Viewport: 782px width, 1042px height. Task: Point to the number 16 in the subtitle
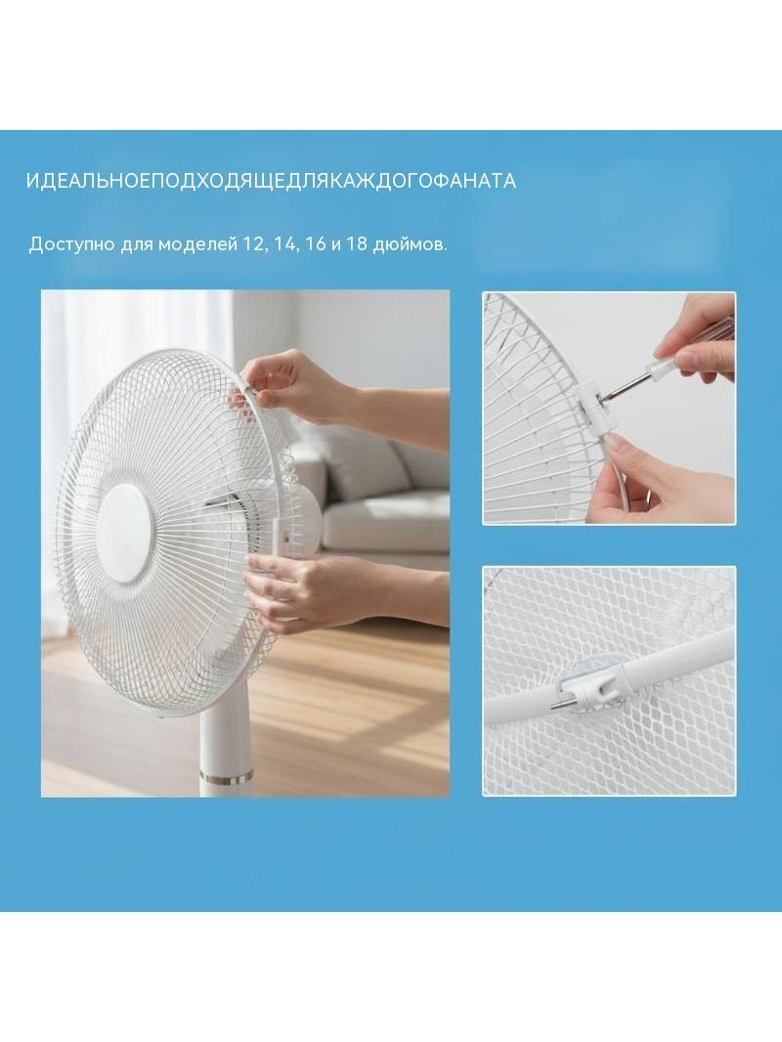point(317,244)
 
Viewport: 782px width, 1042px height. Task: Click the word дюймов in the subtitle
point(410,244)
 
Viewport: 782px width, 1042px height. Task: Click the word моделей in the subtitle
point(197,244)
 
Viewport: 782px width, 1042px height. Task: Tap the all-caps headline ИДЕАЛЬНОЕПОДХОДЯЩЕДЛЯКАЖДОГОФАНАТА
point(271,181)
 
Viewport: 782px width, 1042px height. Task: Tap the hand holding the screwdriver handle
point(698,339)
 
